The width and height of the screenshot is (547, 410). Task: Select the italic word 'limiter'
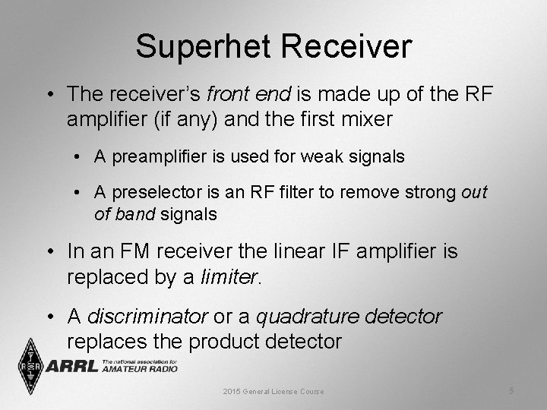tap(229, 276)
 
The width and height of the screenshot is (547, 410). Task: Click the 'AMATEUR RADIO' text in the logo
tap(139, 369)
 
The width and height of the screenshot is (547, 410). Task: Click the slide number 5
tap(511, 390)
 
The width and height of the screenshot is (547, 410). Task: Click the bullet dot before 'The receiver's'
tap(49, 95)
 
